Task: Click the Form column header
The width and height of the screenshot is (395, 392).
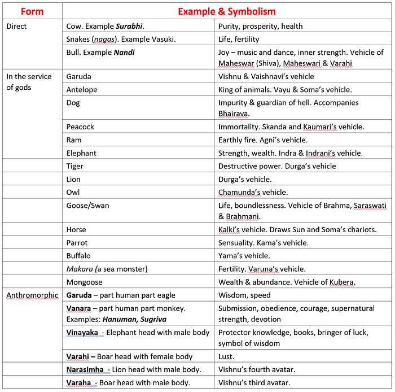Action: [32, 11]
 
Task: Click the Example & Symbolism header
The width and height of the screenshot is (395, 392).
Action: [226, 11]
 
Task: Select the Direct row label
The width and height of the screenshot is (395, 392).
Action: [17, 26]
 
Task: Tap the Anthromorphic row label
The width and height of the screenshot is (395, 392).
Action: [32, 295]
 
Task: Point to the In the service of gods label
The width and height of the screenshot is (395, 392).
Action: [28, 82]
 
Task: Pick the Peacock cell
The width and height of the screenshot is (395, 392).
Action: [81, 127]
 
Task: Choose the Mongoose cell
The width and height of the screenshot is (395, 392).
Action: [84, 282]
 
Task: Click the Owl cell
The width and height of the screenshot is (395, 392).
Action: [73, 193]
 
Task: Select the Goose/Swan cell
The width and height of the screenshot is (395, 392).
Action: [87, 206]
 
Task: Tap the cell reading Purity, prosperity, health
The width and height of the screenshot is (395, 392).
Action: [260, 26]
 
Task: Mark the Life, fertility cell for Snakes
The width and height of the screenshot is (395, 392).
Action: [240, 39]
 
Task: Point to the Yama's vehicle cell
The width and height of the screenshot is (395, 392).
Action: [244, 256]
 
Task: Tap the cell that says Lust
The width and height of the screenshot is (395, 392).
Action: [226, 356]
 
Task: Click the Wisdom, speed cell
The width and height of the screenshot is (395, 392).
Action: [244, 295]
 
